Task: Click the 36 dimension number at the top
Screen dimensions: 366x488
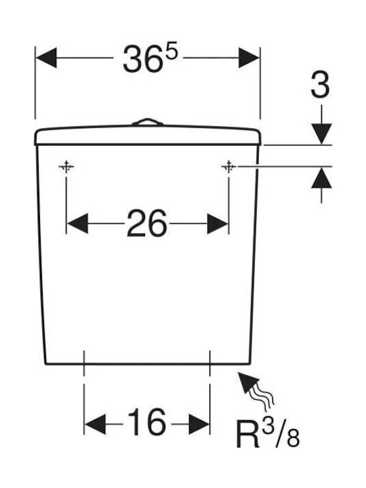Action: (143, 59)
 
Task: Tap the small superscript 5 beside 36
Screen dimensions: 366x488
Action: (171, 50)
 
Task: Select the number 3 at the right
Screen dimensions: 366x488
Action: (320, 85)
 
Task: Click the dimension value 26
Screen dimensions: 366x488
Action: (147, 223)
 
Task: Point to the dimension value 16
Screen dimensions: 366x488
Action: (146, 422)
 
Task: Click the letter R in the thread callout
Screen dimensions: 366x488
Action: (248, 434)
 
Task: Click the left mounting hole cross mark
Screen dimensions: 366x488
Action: (66, 167)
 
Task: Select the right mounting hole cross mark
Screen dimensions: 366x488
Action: (229, 167)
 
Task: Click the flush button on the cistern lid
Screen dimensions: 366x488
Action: (148, 122)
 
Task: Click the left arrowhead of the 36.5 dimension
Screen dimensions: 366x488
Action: (46, 58)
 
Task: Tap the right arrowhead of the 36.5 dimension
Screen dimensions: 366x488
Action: (249, 58)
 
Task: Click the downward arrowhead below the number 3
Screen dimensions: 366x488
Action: (321, 134)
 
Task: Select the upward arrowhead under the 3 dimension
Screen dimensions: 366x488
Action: (321, 178)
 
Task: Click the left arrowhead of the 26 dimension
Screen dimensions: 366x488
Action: (77, 224)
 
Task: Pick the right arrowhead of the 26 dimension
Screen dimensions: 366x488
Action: (218, 224)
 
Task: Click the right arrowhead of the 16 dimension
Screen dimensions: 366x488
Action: (199, 424)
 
